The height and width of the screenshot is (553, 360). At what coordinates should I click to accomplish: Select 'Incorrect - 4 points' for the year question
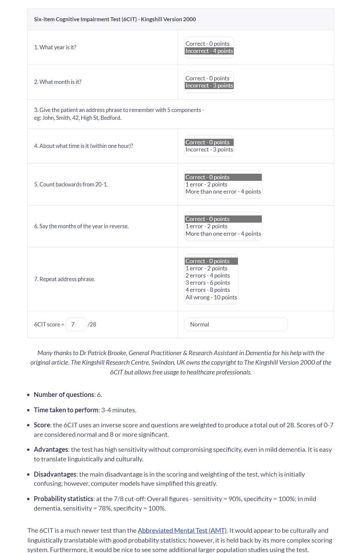[x=209, y=51]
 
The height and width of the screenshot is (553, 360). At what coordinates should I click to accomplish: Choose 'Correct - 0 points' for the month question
[x=208, y=78]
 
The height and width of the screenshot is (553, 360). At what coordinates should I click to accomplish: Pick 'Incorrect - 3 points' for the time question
[x=209, y=150]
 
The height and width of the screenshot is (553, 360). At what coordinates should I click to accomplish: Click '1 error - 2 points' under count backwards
[x=207, y=184]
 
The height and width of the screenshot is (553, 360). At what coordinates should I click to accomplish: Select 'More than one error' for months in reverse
[x=223, y=234]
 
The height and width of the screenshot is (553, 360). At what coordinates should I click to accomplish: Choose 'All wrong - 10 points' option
[x=211, y=297]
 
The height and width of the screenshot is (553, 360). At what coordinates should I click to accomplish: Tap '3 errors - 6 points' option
[x=208, y=283]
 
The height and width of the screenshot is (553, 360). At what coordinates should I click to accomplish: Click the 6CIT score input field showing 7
[x=76, y=324]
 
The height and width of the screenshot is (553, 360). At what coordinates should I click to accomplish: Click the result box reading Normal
[x=236, y=324]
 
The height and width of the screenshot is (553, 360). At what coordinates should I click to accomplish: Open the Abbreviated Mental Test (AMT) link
[x=182, y=530]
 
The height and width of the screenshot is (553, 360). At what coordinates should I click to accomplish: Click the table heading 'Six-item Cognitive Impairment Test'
[x=115, y=19]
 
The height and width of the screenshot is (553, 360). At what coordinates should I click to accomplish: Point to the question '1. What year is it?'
[x=55, y=47]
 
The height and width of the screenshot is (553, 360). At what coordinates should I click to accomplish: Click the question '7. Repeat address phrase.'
[x=65, y=279]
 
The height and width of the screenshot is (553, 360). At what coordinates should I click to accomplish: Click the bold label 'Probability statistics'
[x=64, y=499]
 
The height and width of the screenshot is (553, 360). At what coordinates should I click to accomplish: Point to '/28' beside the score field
[x=92, y=324]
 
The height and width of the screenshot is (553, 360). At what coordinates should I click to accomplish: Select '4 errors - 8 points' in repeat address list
[x=208, y=290]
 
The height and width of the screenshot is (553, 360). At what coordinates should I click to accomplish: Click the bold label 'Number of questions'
[x=64, y=395]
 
